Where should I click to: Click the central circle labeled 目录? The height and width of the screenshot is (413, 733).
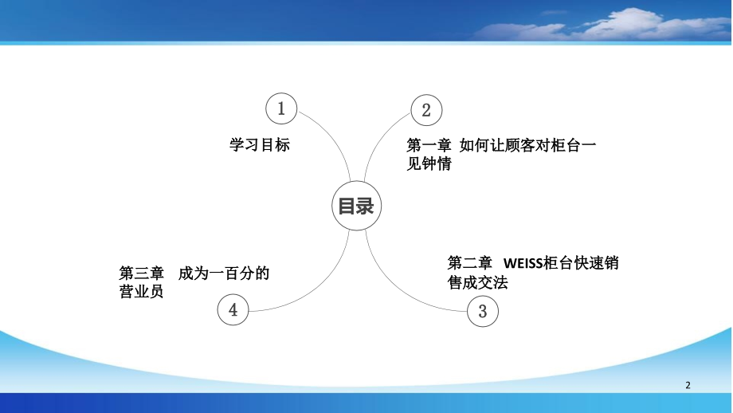coord(356,206)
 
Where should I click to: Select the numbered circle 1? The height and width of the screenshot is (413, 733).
coord(280,109)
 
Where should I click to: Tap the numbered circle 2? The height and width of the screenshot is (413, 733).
coord(426,110)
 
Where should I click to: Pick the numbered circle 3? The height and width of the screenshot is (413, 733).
coord(482,311)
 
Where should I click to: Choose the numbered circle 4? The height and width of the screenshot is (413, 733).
coord(233,309)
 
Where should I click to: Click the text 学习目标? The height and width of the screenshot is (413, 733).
coord(260,145)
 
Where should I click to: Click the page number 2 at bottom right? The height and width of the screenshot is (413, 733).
coord(688,385)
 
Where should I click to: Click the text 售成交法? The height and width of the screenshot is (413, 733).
coord(479,283)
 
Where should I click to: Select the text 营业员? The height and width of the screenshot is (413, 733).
coord(141,293)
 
